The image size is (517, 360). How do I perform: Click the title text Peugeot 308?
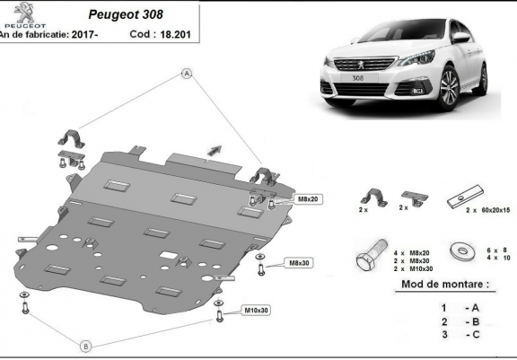coord(132,14)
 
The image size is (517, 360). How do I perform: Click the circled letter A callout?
coord(188,73)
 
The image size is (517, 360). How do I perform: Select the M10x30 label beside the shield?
coord(257,311)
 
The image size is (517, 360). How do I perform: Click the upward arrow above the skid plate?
coord(215,148)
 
